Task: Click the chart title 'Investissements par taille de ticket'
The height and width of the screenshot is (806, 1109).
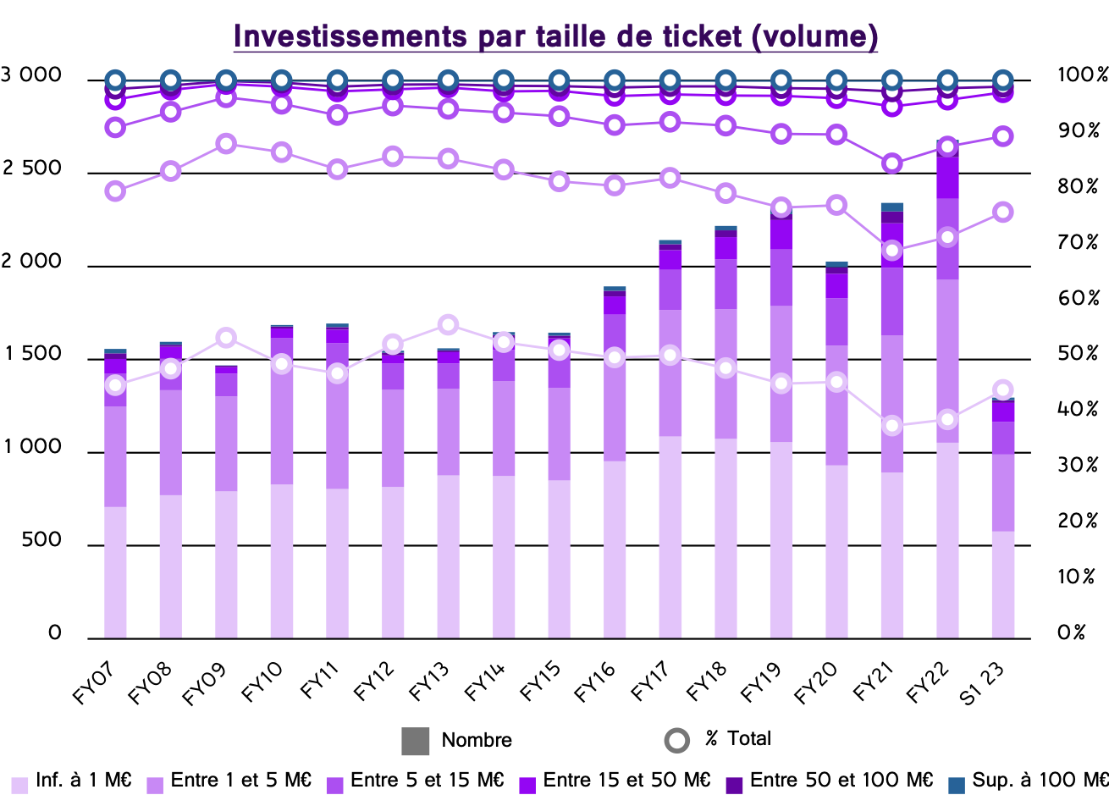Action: click(555, 36)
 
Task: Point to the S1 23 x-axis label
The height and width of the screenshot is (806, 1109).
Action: click(984, 682)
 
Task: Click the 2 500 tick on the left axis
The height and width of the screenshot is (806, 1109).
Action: click(32, 168)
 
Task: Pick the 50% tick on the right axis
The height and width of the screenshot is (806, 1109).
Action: click(1078, 354)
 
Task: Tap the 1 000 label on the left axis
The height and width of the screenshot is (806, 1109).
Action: click(32, 447)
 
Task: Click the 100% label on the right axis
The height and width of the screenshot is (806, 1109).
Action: click(1082, 75)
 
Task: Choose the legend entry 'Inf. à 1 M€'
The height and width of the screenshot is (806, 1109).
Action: click(73, 781)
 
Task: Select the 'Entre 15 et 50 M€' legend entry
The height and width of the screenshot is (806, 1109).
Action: click(615, 781)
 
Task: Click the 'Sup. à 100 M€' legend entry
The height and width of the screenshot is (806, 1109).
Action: click(1029, 781)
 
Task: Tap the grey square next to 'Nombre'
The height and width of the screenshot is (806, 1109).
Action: click(415, 740)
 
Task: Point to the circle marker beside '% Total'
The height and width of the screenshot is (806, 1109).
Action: click(677, 740)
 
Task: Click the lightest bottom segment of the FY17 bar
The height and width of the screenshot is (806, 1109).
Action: click(670, 537)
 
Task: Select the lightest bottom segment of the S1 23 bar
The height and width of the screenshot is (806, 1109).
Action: click(1003, 584)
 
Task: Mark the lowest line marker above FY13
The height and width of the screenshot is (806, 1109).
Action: click(449, 325)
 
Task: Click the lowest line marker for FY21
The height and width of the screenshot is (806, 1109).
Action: click(891, 426)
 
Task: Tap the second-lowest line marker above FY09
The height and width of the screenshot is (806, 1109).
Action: click(226, 144)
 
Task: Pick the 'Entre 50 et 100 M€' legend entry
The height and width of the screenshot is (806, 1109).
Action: click(830, 781)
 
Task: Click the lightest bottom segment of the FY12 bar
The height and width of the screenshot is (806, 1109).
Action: click(393, 562)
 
